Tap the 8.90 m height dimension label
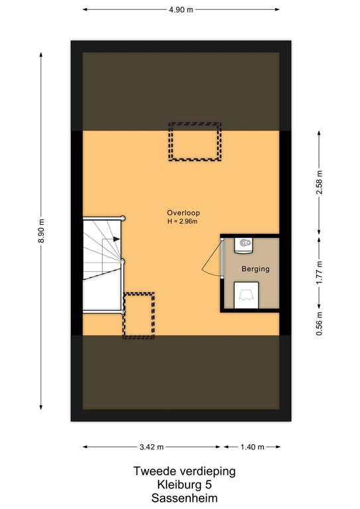42,232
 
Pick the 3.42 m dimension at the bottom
152,447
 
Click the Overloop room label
183,213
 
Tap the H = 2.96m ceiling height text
183,221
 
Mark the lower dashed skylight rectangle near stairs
139,315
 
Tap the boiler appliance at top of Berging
244,243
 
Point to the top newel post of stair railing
123,217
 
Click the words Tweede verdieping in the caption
183,471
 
